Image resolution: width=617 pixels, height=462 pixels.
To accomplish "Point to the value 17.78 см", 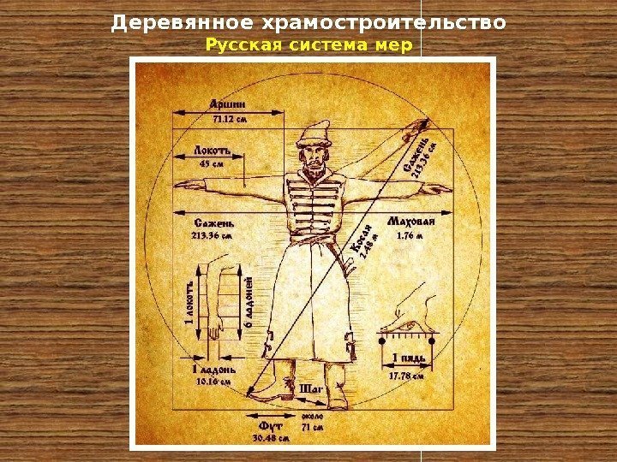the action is pyautogui.click(x=407, y=375).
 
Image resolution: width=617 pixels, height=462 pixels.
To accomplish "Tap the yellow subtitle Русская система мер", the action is pyautogui.click(x=308, y=43).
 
